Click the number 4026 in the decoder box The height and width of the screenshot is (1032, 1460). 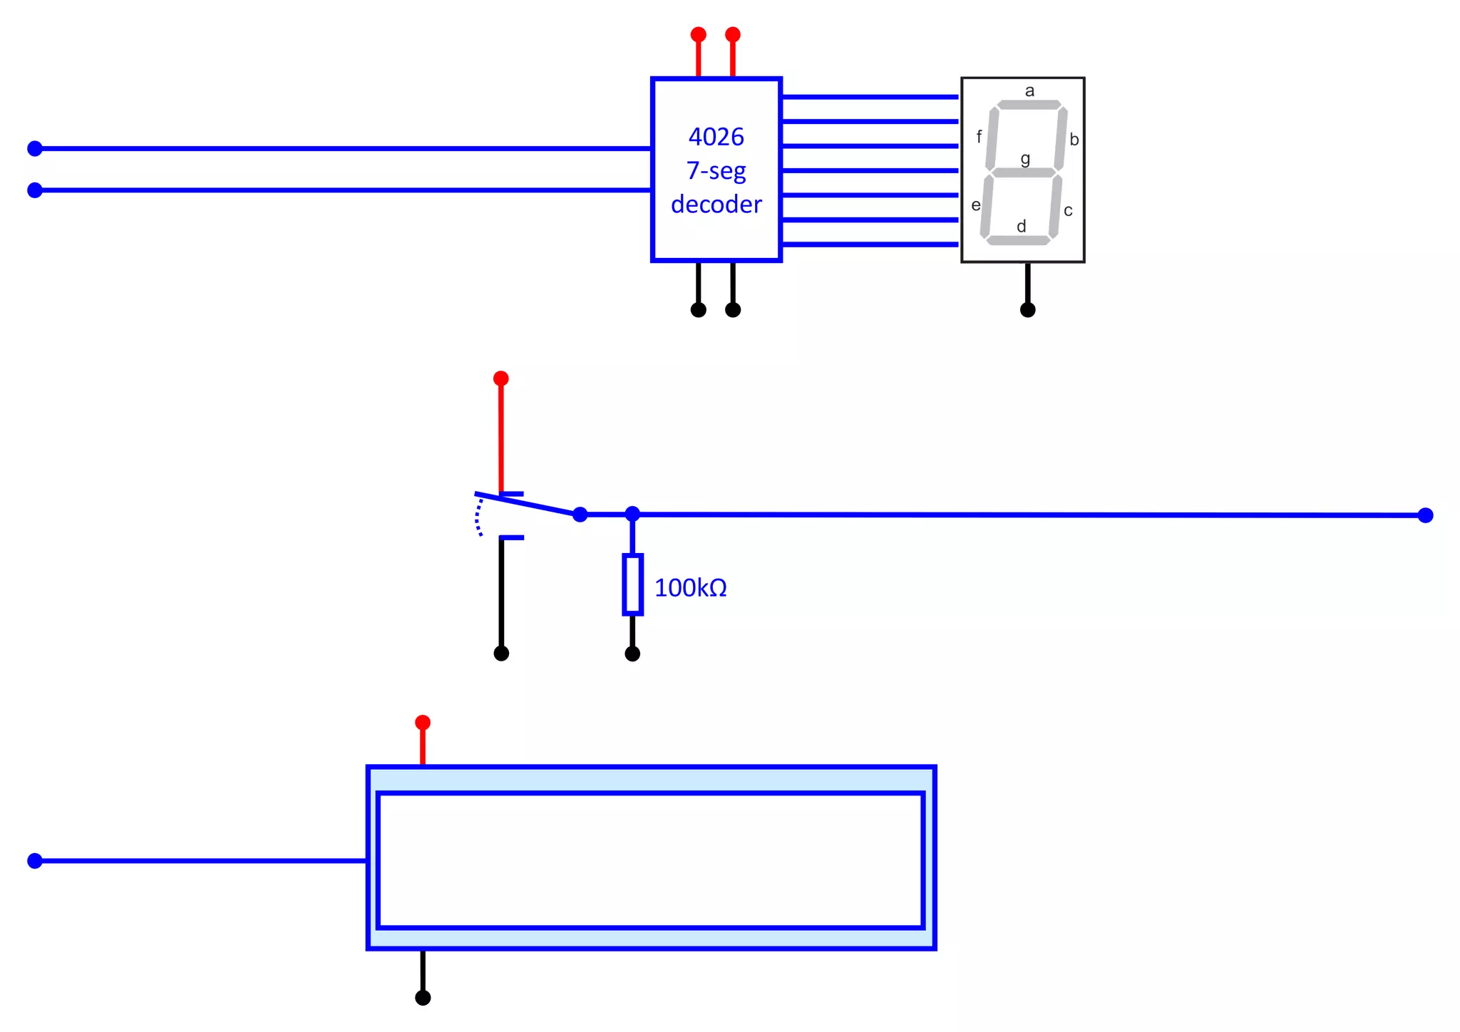[716, 137]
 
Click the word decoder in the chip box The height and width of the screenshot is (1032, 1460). [716, 205]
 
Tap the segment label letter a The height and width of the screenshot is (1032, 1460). [1029, 91]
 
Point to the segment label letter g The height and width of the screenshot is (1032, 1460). [1025, 158]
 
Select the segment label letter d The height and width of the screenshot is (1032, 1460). [1021, 226]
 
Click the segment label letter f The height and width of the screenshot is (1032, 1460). [979, 136]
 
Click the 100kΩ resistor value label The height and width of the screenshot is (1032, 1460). [690, 588]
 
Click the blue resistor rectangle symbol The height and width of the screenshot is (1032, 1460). [632, 584]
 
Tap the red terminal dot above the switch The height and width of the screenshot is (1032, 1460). [501, 378]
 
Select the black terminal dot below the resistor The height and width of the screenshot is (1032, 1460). [632, 654]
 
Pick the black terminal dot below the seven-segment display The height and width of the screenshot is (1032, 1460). [1027, 309]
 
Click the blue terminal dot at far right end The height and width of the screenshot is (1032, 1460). [1425, 515]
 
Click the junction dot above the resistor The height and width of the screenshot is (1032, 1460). [632, 514]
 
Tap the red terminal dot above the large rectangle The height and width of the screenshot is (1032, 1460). [423, 723]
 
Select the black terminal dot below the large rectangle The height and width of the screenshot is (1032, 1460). [423, 998]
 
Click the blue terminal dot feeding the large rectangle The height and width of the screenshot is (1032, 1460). [35, 861]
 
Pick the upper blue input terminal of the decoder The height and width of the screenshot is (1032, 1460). [35, 148]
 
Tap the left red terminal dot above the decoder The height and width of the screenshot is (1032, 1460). [699, 34]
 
